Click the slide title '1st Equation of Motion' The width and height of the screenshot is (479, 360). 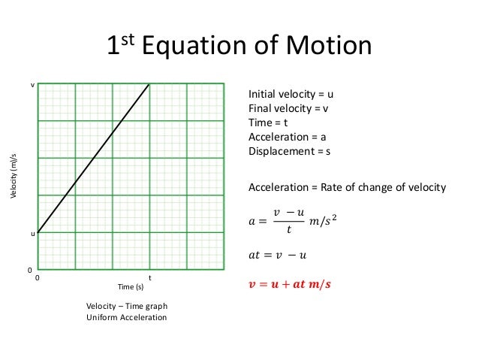pyautogui.click(x=239, y=47)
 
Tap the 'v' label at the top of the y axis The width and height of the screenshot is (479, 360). pyautogui.click(x=32, y=85)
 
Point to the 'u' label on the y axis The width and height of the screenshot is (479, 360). pyautogui.click(x=32, y=234)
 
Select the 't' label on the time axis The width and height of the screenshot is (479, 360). pyautogui.click(x=149, y=277)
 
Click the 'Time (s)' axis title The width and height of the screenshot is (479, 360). pyautogui.click(x=130, y=287)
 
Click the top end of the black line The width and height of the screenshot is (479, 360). pyautogui.click(x=149, y=84)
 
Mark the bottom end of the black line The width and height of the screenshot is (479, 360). pyautogui.click(x=38, y=232)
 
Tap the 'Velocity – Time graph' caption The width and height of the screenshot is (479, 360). pyautogui.click(x=127, y=306)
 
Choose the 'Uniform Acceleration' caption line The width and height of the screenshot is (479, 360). pyautogui.click(x=127, y=317)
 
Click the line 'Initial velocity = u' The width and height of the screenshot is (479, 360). pyautogui.click(x=291, y=95)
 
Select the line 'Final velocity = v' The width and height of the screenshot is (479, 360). pyautogui.click(x=288, y=109)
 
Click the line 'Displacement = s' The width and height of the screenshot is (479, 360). pyautogui.click(x=289, y=151)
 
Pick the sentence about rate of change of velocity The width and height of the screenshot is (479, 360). pyautogui.click(x=347, y=187)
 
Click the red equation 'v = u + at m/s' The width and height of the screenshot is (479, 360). pyautogui.click(x=290, y=284)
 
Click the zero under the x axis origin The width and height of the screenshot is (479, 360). pyautogui.click(x=38, y=278)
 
